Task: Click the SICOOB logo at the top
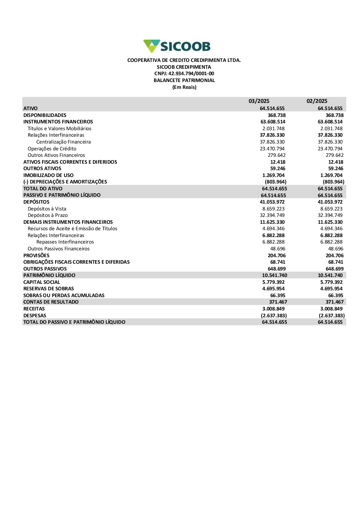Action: pos(177,46)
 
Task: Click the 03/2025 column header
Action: pos(259,101)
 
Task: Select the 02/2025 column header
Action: pos(317,101)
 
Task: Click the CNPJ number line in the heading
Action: pos(184,74)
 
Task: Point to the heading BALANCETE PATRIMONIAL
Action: pos(184,81)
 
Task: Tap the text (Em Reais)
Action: pos(184,87)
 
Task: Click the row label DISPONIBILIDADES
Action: pos(45,115)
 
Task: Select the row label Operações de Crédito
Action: pos(52,149)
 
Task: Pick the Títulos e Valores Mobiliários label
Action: pos(59,128)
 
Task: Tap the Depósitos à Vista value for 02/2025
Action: pos(331,209)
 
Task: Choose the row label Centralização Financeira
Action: pos(63,142)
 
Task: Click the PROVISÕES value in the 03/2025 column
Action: pos(276,255)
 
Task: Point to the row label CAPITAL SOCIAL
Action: pos(42,282)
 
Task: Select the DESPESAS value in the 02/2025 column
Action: pos(332,315)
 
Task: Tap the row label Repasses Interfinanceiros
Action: pos(65,242)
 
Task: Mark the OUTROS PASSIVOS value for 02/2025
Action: pos(334,269)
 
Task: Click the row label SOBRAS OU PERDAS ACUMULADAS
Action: pos(64,295)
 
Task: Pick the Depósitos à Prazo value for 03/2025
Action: pos(272,215)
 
